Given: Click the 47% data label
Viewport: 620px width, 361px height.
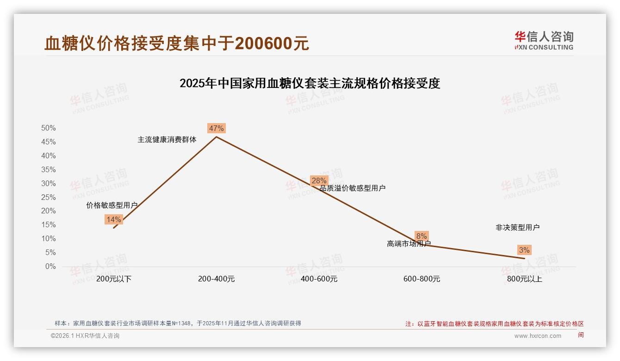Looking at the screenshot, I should tap(216, 128).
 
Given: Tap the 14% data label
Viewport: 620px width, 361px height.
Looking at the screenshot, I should tap(113, 219).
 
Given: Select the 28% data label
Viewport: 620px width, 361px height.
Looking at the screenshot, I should tap(319, 180).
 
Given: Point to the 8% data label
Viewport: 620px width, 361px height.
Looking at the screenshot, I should tap(422, 236).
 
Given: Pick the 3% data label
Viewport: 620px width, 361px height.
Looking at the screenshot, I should tap(524, 250).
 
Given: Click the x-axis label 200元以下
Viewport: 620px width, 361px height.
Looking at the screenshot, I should tap(114, 279).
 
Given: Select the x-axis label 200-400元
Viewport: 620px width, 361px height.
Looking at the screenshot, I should tap(216, 279).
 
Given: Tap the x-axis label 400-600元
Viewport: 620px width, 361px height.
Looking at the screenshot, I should tap(319, 279).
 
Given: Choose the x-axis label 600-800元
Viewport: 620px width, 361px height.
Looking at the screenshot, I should tap(422, 279).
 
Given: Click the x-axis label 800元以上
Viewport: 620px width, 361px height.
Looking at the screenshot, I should tap(524, 279).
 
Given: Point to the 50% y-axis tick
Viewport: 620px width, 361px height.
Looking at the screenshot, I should tap(48, 128).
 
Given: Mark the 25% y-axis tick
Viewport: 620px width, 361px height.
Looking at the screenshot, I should tap(48, 197).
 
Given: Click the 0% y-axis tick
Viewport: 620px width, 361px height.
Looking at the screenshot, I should tap(50, 267).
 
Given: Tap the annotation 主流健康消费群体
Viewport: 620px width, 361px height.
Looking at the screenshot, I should tap(167, 139).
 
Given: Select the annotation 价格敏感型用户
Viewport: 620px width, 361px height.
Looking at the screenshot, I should tap(112, 205).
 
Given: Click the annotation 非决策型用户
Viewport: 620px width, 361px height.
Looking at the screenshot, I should tap(517, 227).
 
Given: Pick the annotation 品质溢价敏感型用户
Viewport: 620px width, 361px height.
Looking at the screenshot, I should tap(353, 188).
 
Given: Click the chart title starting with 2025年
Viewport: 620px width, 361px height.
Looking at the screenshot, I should tap(310, 83).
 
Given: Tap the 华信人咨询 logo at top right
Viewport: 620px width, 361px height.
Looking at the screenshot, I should tap(544, 40).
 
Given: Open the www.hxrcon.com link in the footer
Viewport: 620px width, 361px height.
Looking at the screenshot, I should tap(538, 336).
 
